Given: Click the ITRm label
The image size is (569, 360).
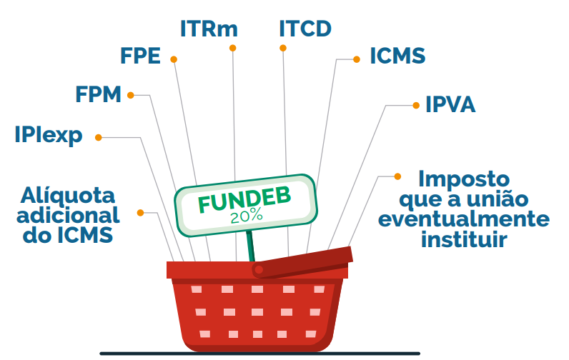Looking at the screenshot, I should point(208,29).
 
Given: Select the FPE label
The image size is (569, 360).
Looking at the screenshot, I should point(140,57).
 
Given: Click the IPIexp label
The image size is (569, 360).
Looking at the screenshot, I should point(48,135).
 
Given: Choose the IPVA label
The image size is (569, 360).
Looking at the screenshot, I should point(450,105).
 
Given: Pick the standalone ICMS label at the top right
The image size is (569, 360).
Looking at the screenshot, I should point(397,56).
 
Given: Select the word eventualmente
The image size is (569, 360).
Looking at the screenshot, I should point(464,218).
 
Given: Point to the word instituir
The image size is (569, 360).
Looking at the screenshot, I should point(464,239).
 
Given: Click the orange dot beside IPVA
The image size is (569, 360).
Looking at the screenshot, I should point(416,105).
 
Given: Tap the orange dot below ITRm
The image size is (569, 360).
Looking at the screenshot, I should point(232,48).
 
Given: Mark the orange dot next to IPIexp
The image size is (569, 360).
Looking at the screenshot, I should point(99,136).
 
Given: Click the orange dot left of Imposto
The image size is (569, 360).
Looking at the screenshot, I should point(397,175).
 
